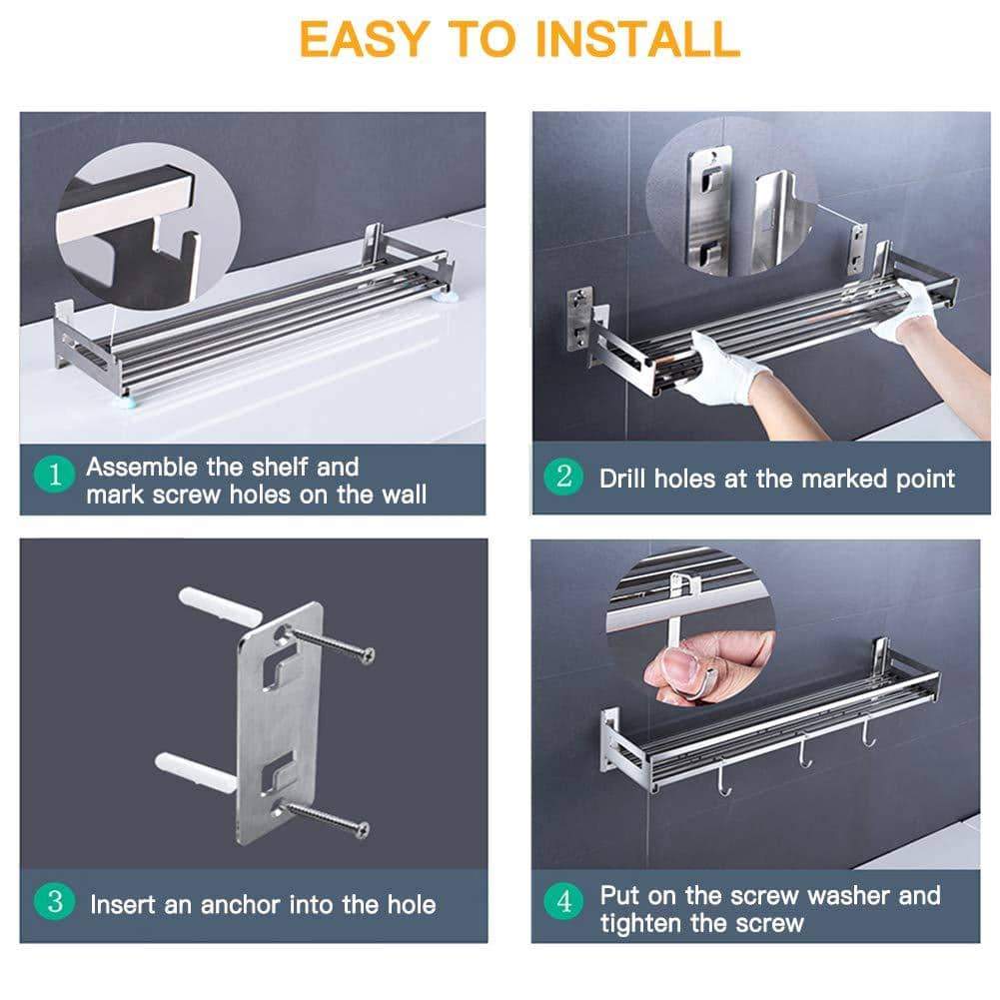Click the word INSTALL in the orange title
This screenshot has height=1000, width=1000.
tap(643, 40)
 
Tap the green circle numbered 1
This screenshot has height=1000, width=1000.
tap(55, 474)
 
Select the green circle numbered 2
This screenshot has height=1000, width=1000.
tap(563, 477)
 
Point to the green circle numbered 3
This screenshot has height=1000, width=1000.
tap(55, 901)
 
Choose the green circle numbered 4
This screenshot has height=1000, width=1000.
tap(563, 901)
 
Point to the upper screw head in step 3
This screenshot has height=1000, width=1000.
tap(366, 654)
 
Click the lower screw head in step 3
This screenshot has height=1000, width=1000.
tap(361, 830)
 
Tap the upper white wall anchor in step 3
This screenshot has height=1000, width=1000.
tap(220, 605)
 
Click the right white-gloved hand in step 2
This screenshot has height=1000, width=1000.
tap(906, 313)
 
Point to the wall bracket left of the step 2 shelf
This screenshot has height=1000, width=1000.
tap(579, 320)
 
